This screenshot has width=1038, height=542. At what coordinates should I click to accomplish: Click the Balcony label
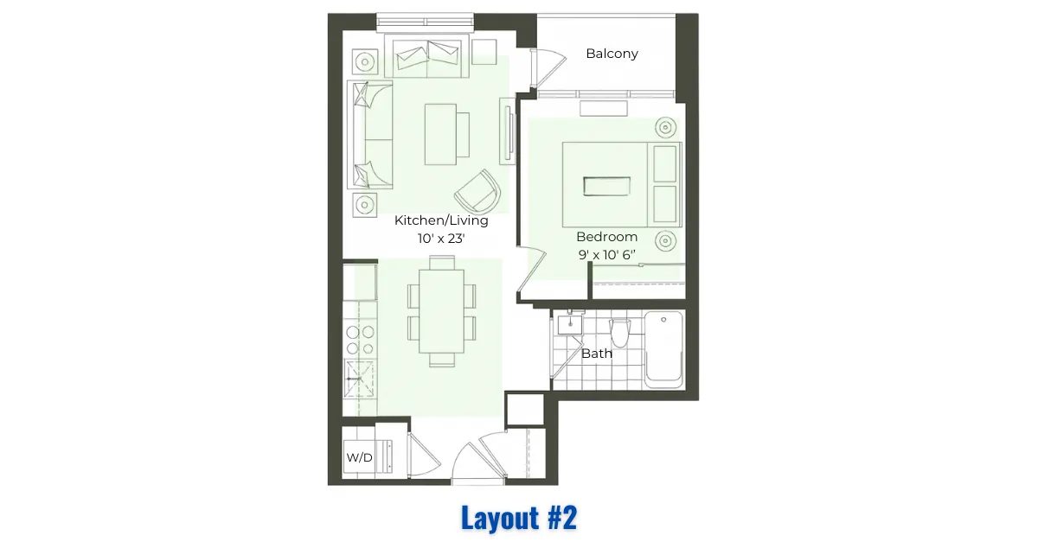612,54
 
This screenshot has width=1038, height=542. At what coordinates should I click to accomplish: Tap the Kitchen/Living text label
441,220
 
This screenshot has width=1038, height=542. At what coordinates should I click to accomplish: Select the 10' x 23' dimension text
441,239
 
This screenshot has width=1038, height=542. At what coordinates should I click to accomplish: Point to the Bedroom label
606,237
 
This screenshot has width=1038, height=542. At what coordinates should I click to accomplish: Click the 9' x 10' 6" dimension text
606,255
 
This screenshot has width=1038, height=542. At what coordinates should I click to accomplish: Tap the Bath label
597,354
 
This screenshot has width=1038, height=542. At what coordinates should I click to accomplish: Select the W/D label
359,457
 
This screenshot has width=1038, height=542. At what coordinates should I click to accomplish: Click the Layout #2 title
519,518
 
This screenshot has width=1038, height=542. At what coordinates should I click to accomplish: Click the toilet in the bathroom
619,333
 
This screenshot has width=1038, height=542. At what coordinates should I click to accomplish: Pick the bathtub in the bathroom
663,350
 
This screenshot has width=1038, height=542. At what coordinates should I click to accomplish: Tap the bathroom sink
570,324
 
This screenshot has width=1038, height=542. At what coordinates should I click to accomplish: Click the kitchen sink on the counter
359,379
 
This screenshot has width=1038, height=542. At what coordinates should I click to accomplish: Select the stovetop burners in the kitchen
360,340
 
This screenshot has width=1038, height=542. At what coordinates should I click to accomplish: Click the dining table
442,312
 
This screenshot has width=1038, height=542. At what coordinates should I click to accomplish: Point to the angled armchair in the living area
478,191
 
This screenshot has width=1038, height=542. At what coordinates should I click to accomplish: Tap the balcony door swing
548,67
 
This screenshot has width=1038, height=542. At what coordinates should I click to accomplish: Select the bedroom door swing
532,271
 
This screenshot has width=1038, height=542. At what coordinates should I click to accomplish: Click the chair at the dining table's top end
442,263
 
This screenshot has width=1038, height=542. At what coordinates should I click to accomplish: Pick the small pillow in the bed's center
606,186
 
